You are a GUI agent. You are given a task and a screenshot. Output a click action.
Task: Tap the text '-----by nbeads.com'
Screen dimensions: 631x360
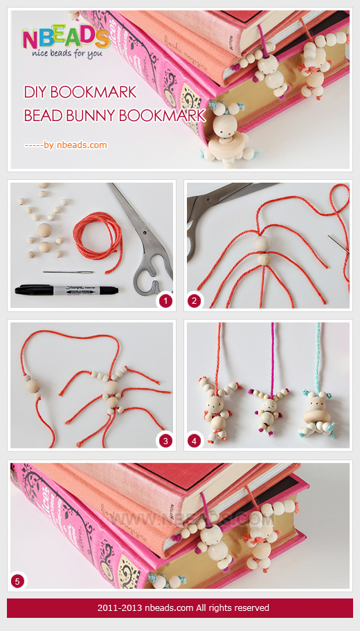[66, 145]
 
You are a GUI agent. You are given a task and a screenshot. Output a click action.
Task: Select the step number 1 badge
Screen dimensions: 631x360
[165, 301]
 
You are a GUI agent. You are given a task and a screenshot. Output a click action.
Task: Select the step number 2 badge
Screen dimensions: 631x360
[195, 301]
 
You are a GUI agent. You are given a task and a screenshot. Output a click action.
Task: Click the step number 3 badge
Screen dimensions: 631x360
[165, 440]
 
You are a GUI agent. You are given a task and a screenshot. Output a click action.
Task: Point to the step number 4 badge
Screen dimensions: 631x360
[195, 440]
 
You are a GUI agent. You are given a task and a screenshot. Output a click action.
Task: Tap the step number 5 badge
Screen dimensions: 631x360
[18, 580]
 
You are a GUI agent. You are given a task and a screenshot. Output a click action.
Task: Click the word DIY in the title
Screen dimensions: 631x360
[35, 93]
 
